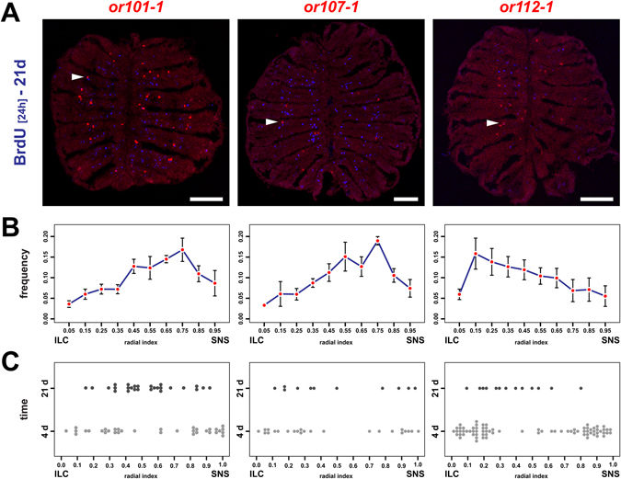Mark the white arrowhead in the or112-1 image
493,122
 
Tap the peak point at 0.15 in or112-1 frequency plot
475,254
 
